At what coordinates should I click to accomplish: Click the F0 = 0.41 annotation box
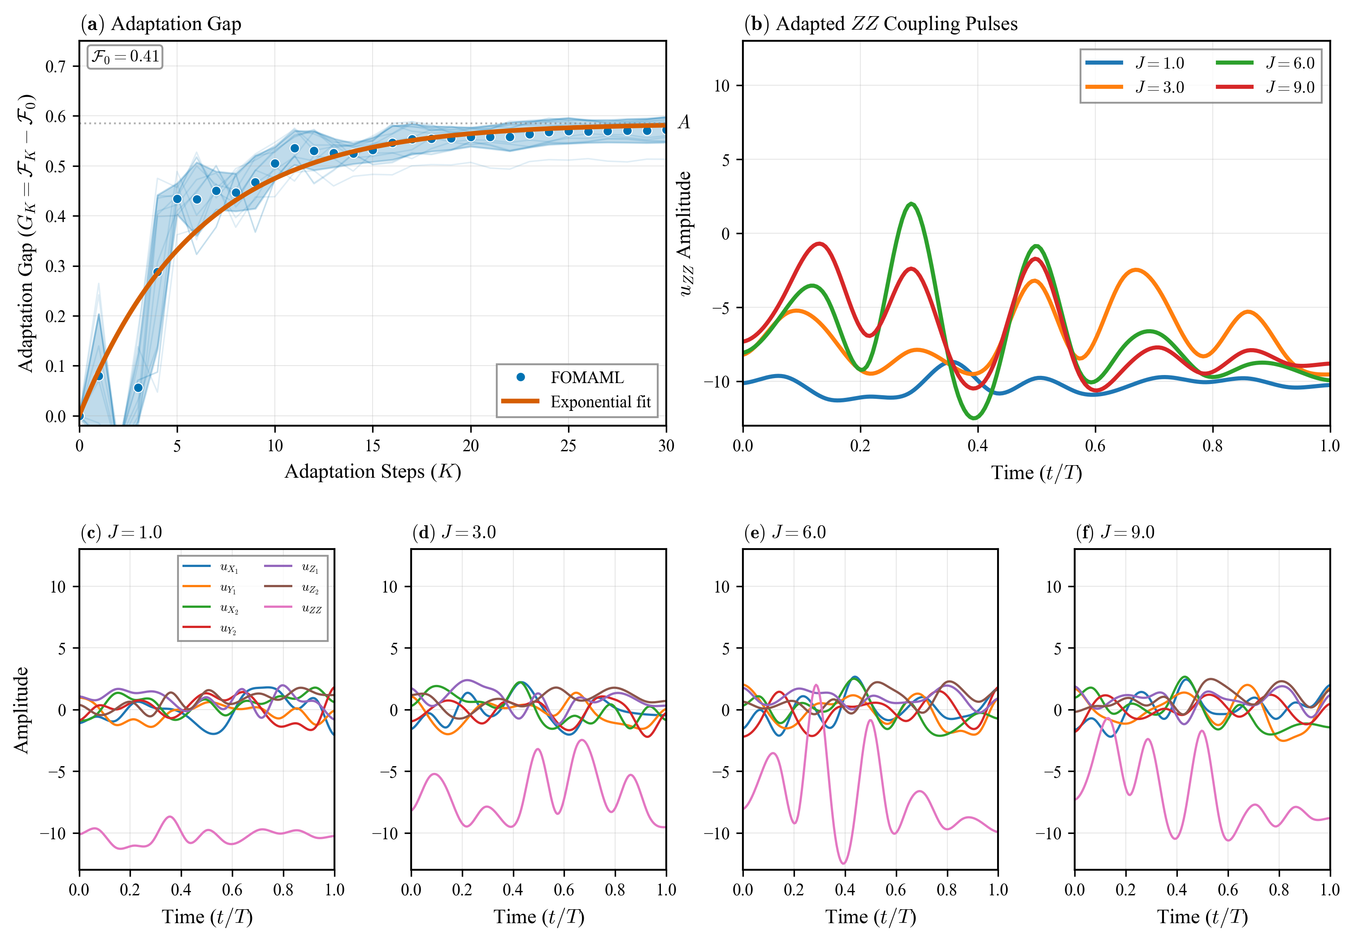(125, 57)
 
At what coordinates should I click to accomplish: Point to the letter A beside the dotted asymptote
(683, 122)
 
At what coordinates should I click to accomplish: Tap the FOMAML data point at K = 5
(177, 199)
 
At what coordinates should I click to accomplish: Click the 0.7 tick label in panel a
(56, 66)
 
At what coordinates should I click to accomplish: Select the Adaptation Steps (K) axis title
(372, 471)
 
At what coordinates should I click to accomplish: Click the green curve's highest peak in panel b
(912, 204)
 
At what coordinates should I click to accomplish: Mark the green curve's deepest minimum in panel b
(974, 418)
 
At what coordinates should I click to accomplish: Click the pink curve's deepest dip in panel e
(844, 863)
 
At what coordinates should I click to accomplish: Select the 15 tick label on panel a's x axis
(372, 446)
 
